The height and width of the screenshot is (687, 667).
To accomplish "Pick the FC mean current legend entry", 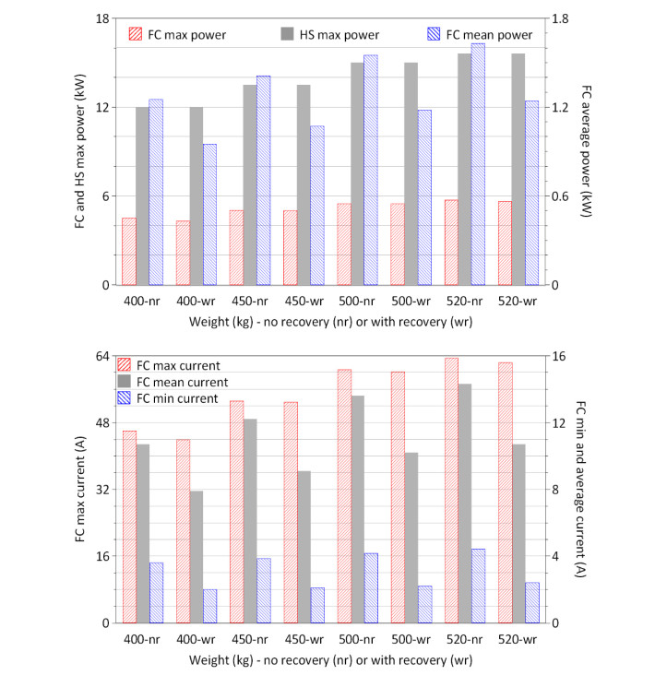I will coord(181,382).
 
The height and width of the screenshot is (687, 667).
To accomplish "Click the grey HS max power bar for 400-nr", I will coord(143,195).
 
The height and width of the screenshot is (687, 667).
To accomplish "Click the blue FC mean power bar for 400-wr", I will coord(209,214).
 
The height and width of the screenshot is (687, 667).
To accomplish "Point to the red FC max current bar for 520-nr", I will coord(451,490).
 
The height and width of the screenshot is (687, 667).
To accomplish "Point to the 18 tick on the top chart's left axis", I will coord(103,18).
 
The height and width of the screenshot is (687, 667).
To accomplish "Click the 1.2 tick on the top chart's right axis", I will coord(560,107).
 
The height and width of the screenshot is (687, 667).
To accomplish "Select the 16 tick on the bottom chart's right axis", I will coord(559,356).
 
